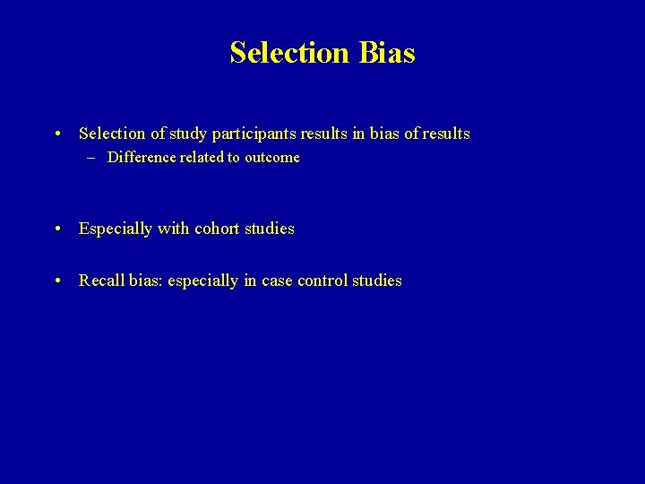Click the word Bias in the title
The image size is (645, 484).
click(x=387, y=53)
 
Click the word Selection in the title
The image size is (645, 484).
click(x=289, y=53)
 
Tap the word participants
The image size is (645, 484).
click(x=251, y=134)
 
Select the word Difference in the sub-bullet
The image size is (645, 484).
click(x=142, y=158)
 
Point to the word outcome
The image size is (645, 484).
click(x=272, y=158)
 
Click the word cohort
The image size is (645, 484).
click(x=218, y=229)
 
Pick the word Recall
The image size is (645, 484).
click(x=101, y=281)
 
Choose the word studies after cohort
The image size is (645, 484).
click(x=270, y=229)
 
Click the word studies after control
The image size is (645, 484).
click(x=377, y=281)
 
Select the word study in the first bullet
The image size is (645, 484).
click(x=185, y=134)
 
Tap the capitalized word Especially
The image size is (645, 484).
click(x=116, y=229)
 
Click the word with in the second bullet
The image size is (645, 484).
click(x=173, y=229)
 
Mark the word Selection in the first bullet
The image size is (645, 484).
click(x=112, y=134)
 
